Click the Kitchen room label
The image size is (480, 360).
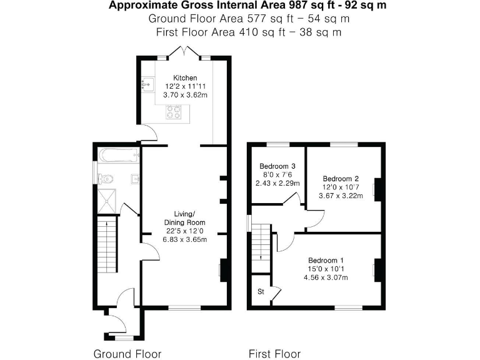[x=185, y=77]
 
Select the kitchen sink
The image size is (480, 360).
[x=147, y=83]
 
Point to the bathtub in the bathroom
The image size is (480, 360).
[x=116, y=153]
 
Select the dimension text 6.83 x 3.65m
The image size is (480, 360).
[x=185, y=239]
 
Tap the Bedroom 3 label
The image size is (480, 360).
[x=277, y=166]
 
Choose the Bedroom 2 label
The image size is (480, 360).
[x=340, y=177]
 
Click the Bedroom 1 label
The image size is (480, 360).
[x=326, y=260]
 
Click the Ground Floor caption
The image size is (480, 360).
[x=127, y=354]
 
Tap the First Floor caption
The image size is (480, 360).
[x=274, y=354]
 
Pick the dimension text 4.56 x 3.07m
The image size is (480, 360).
[x=326, y=277]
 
